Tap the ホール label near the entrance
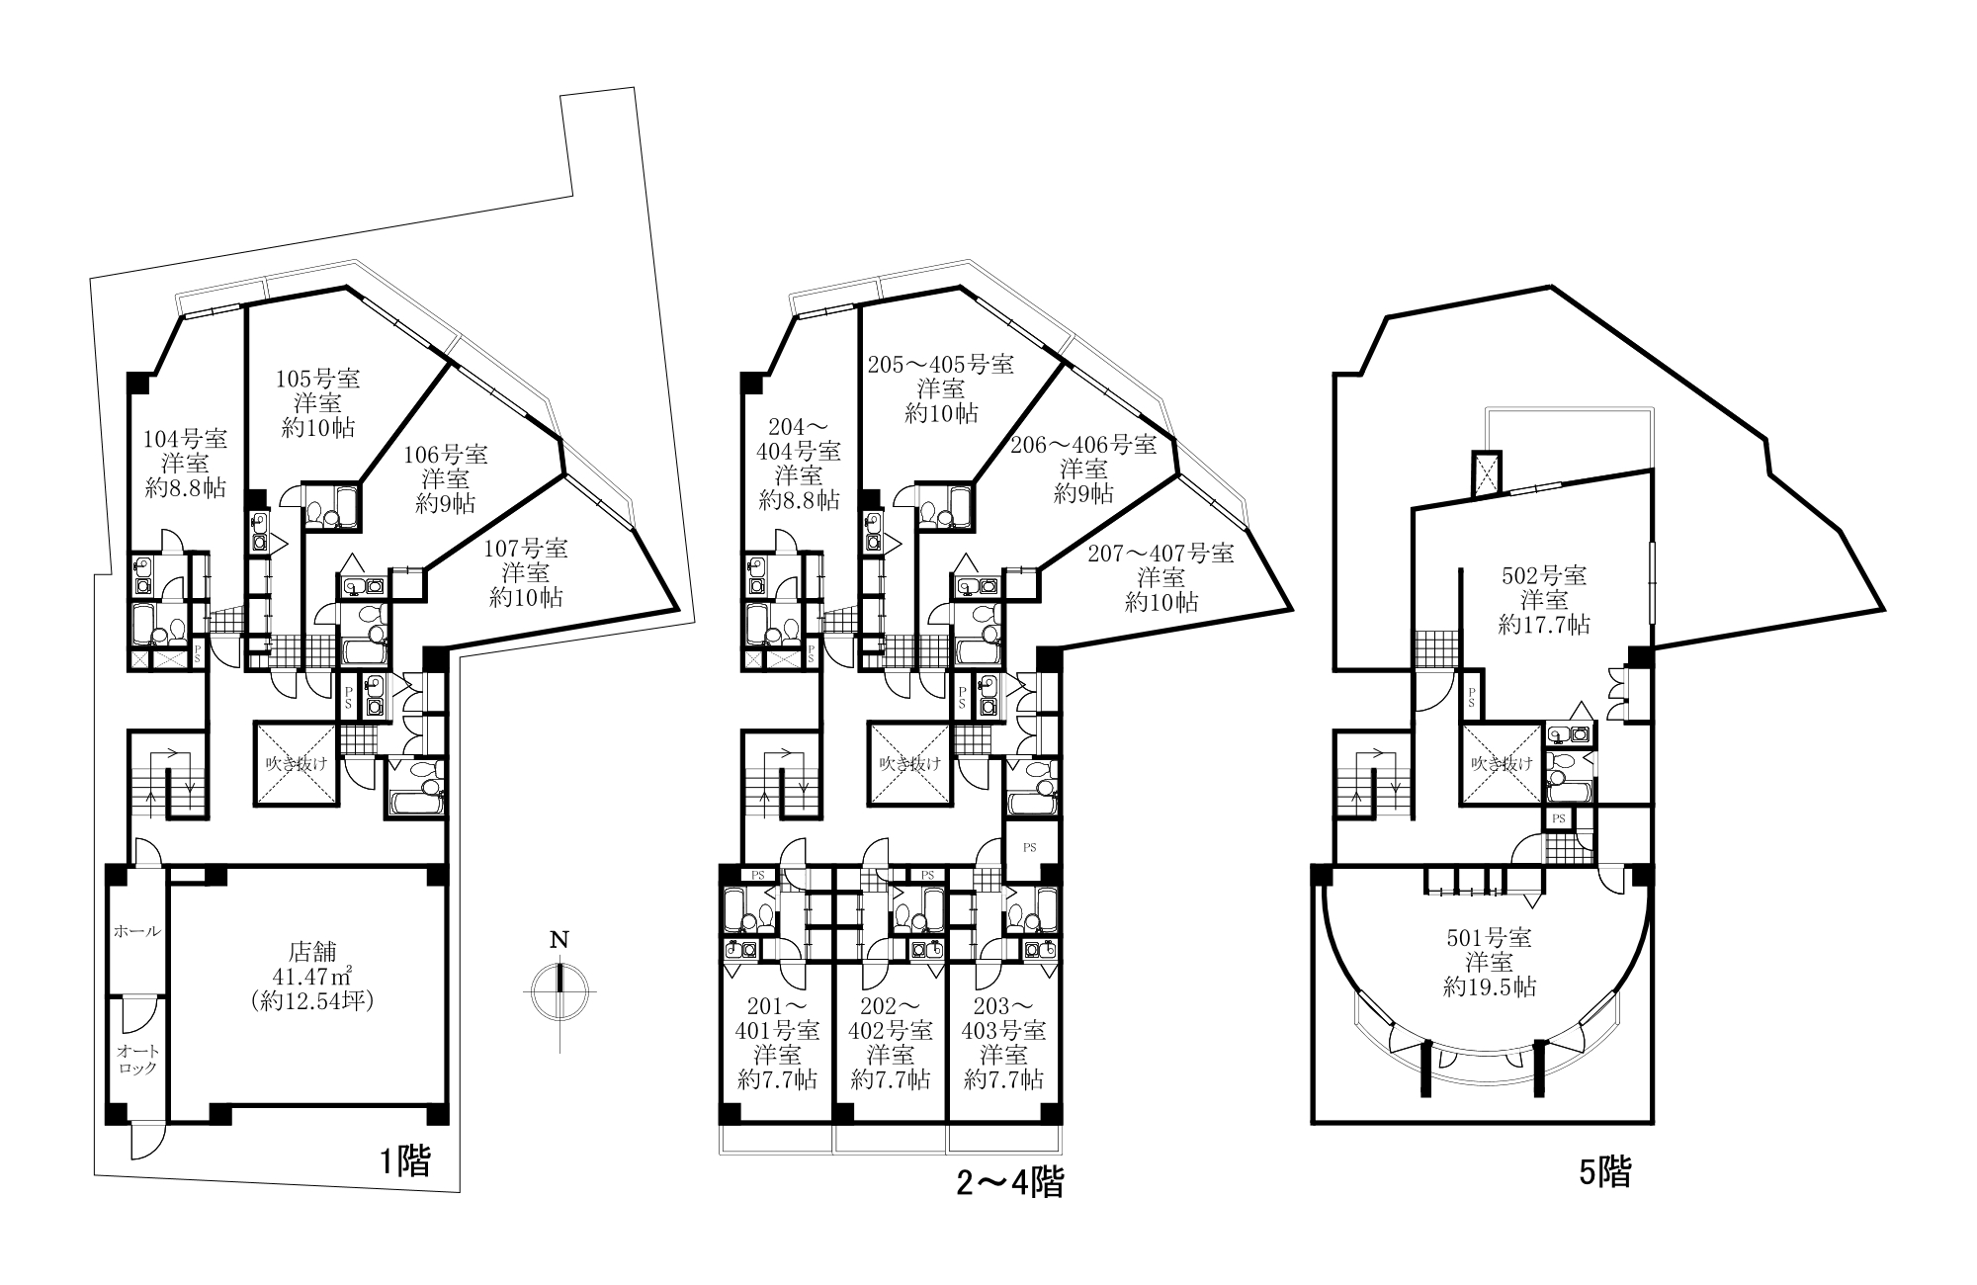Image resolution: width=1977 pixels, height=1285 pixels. [137, 931]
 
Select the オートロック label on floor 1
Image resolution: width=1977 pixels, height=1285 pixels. [137, 1060]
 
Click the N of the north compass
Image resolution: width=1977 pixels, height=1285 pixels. [559, 940]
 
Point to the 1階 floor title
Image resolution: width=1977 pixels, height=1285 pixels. [405, 1161]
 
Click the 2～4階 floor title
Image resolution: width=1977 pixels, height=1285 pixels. [1009, 1183]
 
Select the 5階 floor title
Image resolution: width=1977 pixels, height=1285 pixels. [1605, 1172]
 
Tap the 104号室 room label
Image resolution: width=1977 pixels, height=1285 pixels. [186, 438]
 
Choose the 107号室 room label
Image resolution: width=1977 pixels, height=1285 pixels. [527, 548]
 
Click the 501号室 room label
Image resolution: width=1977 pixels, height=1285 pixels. [1491, 936]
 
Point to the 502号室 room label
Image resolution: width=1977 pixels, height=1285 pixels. [1544, 575]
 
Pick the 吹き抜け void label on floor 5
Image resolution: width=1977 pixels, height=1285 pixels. [1503, 763]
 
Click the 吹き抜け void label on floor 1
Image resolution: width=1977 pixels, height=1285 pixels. [296, 763]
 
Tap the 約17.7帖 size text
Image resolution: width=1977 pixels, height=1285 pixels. [1544, 625]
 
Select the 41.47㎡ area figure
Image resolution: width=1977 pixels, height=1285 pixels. [312, 976]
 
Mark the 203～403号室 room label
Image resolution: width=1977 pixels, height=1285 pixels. [1003, 1019]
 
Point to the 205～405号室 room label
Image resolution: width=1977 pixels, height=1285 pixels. [940, 365]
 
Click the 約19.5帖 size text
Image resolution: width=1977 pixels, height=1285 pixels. [1491, 986]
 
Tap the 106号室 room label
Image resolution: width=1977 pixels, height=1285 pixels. [446, 455]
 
